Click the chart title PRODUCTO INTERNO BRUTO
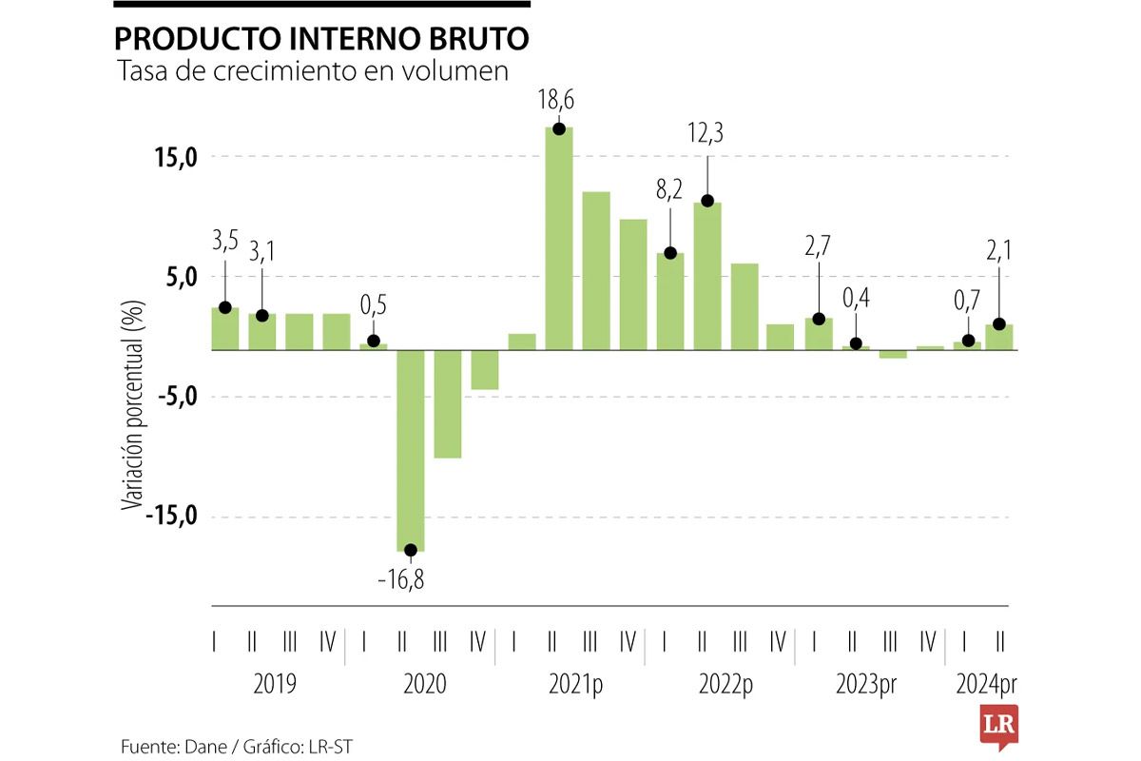click(x=321, y=38)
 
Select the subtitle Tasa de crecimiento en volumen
click(x=311, y=72)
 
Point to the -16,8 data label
click(x=400, y=579)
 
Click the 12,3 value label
click(x=706, y=134)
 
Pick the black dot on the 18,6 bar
click(x=559, y=128)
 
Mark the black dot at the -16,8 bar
click(x=411, y=550)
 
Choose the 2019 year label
click(x=275, y=684)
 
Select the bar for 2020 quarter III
click(x=448, y=404)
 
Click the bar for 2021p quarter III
click(x=596, y=271)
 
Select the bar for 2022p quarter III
click(x=745, y=306)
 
